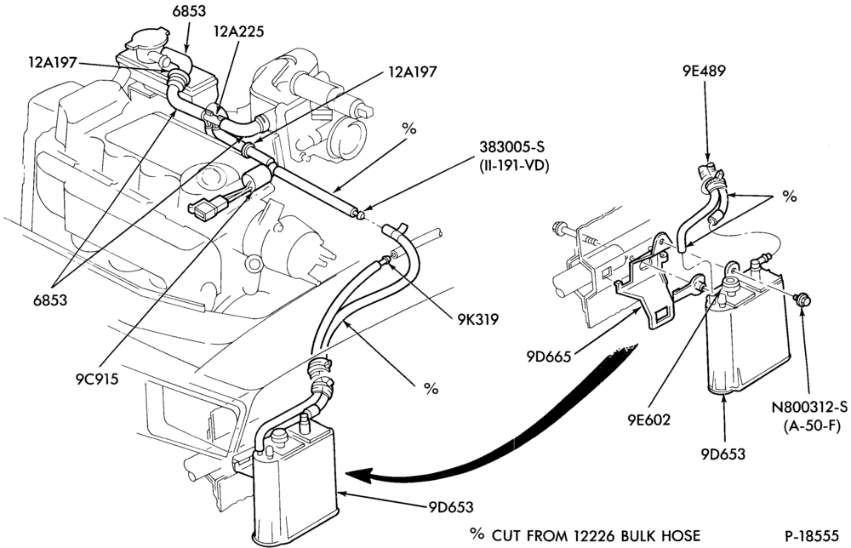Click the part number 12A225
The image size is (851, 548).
(239, 31)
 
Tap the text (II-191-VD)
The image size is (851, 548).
(514, 165)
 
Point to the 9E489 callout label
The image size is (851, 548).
(704, 71)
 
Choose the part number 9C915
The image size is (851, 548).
(97, 378)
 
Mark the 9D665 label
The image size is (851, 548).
(548, 357)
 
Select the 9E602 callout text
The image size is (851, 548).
(649, 420)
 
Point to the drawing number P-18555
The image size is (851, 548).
(812, 535)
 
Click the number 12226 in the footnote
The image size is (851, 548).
(592, 535)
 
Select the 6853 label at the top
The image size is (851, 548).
(184, 10)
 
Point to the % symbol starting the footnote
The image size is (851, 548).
(477, 534)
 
